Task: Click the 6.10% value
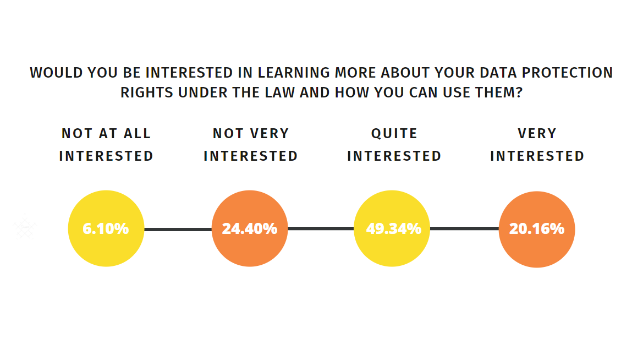click(x=106, y=228)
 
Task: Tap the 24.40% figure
click(x=249, y=228)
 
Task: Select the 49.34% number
click(x=394, y=228)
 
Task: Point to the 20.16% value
click(x=537, y=228)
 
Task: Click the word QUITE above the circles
click(x=394, y=133)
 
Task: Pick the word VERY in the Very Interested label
click(x=537, y=133)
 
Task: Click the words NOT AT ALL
click(x=106, y=133)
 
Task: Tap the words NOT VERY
click(x=251, y=133)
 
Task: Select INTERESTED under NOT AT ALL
click(x=106, y=156)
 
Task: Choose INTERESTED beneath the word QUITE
click(x=394, y=156)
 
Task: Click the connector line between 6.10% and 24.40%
click(x=178, y=230)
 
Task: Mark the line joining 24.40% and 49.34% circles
click(x=321, y=228)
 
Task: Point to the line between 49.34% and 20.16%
click(x=464, y=228)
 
